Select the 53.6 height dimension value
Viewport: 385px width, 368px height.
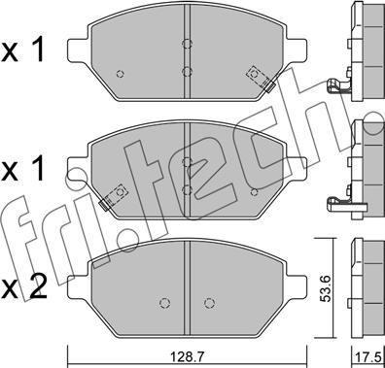click(x=326, y=288)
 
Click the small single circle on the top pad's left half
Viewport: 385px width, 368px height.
click(x=121, y=74)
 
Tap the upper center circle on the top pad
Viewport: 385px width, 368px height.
click(x=187, y=44)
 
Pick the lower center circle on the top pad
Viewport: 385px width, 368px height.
click(x=187, y=71)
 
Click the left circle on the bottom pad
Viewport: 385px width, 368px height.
click(x=165, y=303)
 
